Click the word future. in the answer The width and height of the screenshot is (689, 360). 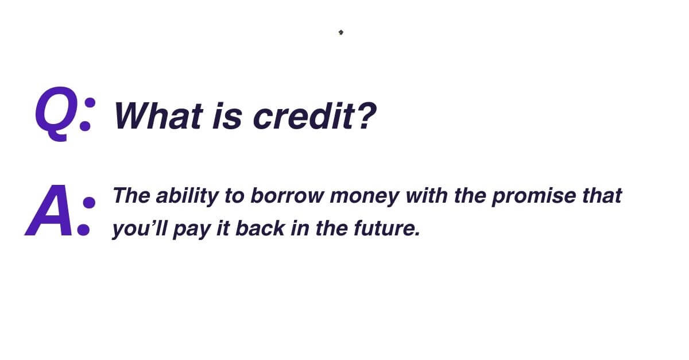tap(386, 229)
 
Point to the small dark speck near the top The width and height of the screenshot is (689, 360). tap(340, 32)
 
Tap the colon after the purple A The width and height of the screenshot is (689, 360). tap(86, 215)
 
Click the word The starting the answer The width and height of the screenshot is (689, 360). tap(131, 196)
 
